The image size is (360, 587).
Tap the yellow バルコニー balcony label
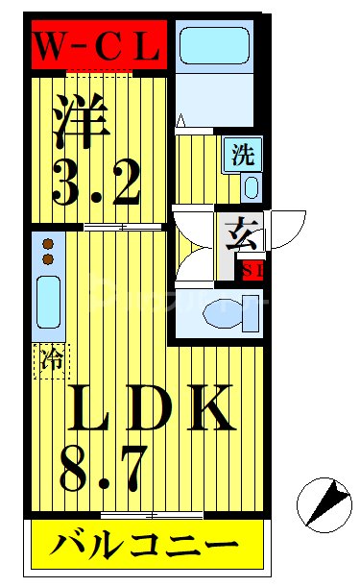click(146, 548)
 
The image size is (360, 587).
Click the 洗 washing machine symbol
click(242, 154)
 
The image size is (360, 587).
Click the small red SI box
click(253, 269)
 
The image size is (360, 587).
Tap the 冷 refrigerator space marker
click(53, 361)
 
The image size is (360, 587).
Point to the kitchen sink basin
click(48, 303)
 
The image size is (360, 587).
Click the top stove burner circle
click(46, 244)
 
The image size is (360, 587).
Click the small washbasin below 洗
click(252, 185)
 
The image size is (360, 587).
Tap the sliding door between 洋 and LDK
click(106, 228)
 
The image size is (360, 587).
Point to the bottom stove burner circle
click(46, 259)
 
